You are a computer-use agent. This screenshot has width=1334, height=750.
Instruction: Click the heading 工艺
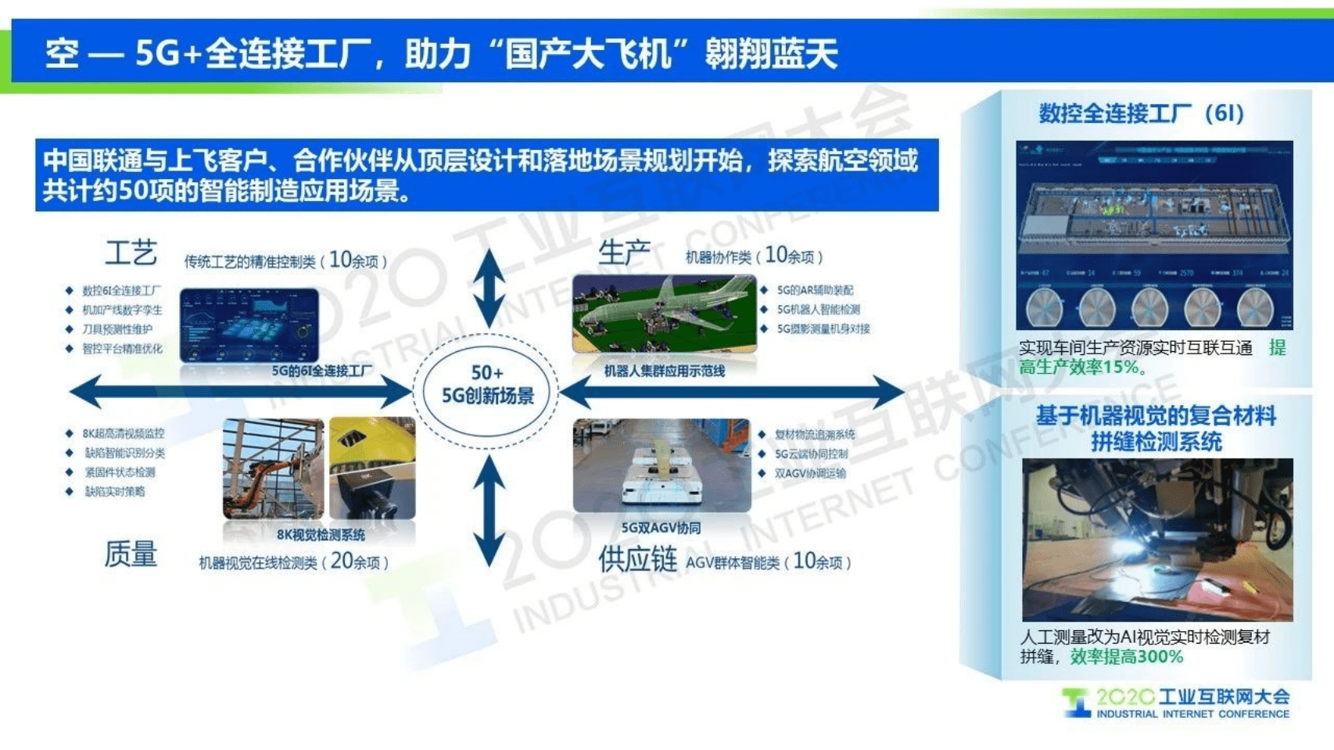click(x=131, y=253)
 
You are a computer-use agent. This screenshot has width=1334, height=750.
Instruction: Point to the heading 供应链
click(x=637, y=560)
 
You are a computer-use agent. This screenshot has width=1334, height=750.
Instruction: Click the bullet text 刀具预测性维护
click(x=117, y=329)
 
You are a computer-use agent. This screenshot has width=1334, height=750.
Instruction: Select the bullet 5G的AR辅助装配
click(x=814, y=290)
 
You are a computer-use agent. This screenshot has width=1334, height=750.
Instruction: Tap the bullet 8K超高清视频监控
click(x=123, y=433)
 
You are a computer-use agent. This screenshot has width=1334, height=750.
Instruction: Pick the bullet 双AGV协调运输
click(x=810, y=473)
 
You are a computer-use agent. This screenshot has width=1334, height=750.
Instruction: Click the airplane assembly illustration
click(x=664, y=314)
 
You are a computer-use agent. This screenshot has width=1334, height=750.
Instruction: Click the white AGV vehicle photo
click(x=662, y=466)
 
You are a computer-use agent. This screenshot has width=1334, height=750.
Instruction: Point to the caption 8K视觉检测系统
click(x=321, y=535)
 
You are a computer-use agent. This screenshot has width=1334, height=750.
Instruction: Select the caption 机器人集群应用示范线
click(x=664, y=371)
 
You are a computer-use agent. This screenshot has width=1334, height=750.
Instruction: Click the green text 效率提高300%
click(x=1126, y=657)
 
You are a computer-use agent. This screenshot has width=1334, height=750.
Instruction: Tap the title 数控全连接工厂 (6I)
click(x=1141, y=114)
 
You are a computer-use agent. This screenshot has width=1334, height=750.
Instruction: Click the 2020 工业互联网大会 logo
click(x=1176, y=702)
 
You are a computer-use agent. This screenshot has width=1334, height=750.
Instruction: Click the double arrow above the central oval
click(x=489, y=289)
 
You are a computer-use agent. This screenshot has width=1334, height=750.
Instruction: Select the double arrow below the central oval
click(x=489, y=511)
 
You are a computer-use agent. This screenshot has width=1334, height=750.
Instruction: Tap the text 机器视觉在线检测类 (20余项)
click(x=293, y=562)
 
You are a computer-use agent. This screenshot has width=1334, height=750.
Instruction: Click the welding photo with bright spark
click(x=1156, y=540)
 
